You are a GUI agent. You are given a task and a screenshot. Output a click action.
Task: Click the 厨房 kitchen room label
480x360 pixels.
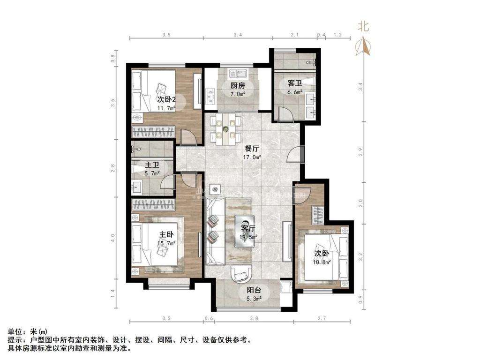point(238,86)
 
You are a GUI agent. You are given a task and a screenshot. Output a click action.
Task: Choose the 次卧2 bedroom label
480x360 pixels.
point(166,99)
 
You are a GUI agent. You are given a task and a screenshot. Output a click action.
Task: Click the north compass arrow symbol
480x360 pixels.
point(363,45)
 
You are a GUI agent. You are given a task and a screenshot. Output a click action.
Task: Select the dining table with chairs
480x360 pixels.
point(225,128)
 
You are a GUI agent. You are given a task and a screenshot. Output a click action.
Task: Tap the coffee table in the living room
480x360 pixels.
point(245,230)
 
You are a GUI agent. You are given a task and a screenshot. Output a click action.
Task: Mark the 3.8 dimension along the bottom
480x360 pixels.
point(254,319)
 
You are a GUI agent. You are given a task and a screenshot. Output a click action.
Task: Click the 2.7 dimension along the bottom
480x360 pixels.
point(322,319)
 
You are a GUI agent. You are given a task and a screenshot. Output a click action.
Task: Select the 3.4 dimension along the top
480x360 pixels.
point(238,35)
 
